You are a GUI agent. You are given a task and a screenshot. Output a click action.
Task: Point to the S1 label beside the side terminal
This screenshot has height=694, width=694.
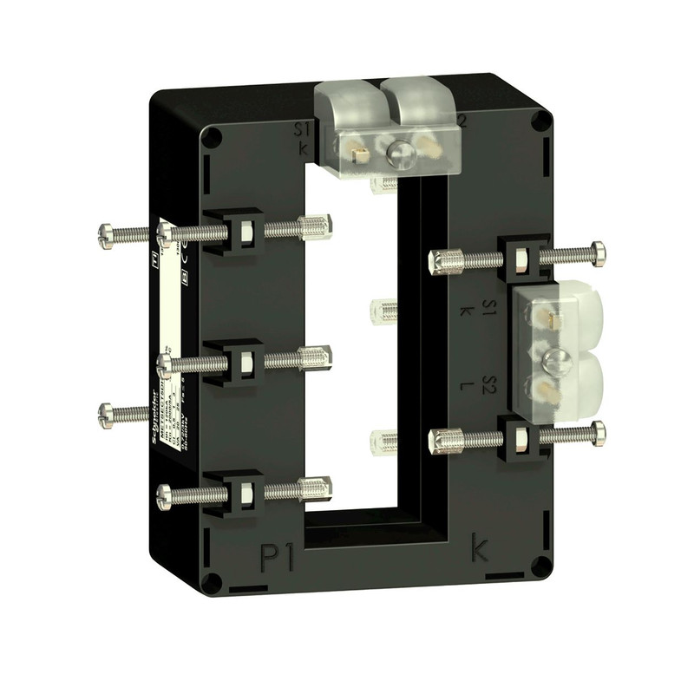click(489, 309)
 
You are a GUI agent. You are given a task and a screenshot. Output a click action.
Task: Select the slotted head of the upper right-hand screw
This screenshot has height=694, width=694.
click(599, 252)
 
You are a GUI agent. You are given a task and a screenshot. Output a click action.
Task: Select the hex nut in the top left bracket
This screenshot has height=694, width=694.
click(246, 231)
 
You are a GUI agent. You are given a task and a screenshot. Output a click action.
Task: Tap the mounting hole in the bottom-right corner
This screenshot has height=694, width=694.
click(540, 567)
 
